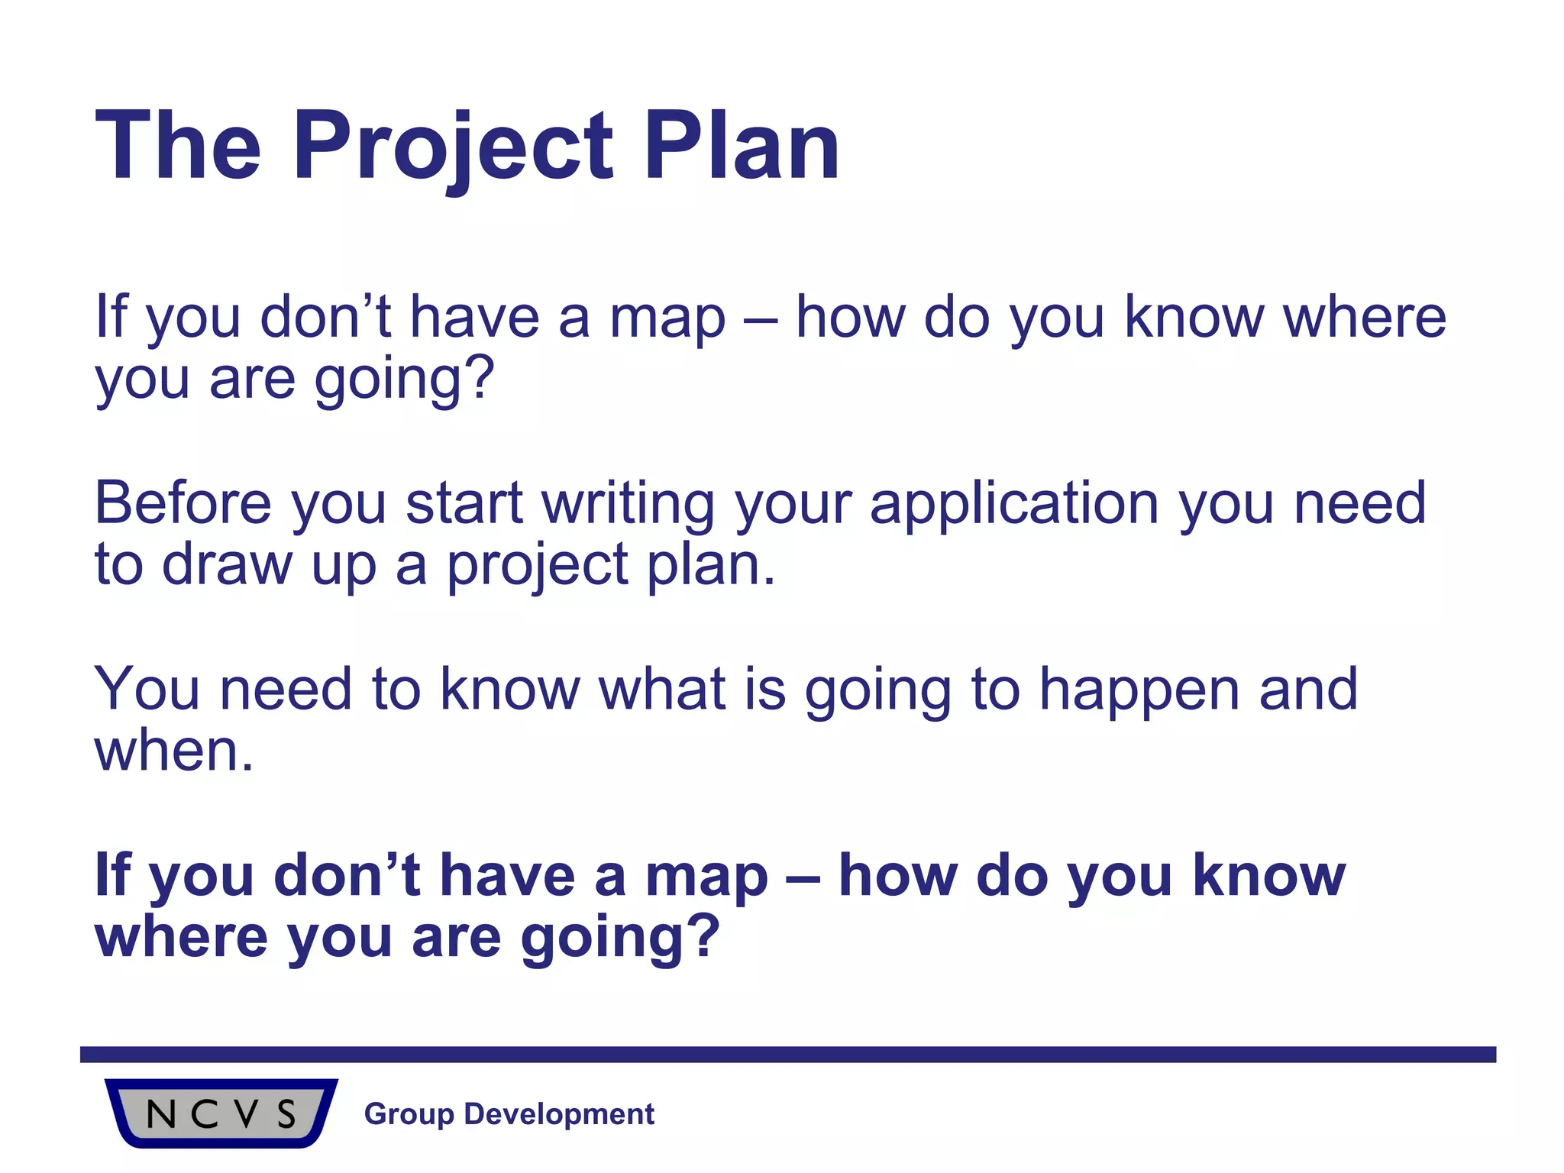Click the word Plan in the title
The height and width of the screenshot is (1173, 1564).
(742, 147)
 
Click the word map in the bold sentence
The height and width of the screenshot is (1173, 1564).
(706, 877)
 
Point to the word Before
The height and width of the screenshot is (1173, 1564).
(183, 503)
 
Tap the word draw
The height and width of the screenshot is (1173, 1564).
(227, 565)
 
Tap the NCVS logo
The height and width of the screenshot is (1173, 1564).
(221, 1113)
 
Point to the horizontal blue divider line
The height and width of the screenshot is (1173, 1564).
(787, 1055)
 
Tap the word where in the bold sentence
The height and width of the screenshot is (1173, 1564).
(181, 938)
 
